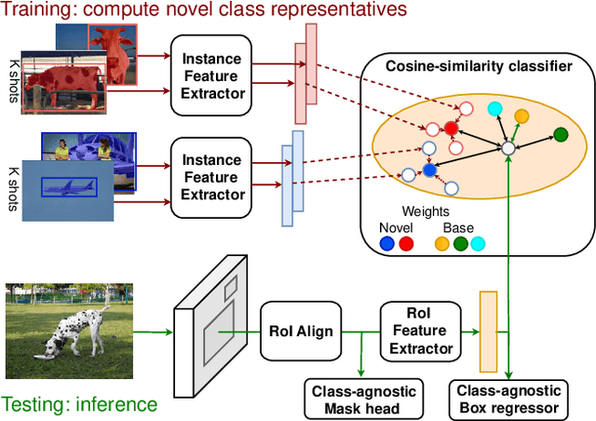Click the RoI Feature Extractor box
coord(418,331)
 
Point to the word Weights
coord(425,211)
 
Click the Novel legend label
coord(396,227)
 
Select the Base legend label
coord(459,227)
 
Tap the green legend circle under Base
coord(459,244)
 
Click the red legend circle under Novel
coord(406,244)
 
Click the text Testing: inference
coord(79,404)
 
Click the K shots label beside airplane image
coord(13,179)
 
